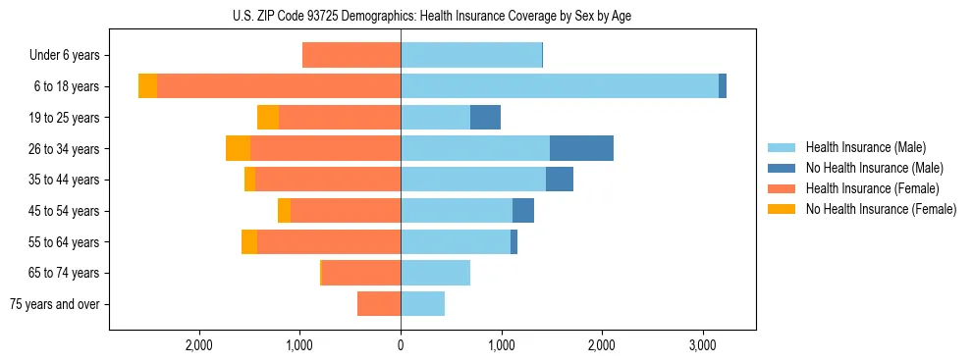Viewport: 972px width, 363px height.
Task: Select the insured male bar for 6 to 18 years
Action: [x=560, y=86]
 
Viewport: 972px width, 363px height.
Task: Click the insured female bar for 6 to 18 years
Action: [x=279, y=86]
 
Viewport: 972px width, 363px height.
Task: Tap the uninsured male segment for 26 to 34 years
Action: [x=581, y=148]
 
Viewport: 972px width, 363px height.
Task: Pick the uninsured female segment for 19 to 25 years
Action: [x=268, y=118]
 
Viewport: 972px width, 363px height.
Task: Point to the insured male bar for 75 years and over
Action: [x=422, y=304]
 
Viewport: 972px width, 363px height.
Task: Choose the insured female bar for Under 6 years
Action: [x=351, y=55]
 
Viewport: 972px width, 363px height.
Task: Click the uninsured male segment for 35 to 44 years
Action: [x=560, y=180]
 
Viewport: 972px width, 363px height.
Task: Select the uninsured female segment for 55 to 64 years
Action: [x=249, y=241]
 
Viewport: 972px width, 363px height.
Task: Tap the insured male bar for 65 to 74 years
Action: [x=435, y=273]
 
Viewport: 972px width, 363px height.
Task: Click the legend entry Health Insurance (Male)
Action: [x=865, y=147]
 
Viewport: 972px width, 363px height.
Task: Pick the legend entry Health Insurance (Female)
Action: [x=869, y=188]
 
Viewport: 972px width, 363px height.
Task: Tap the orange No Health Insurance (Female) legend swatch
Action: [x=782, y=209]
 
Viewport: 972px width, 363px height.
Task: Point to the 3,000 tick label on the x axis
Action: [x=702, y=346]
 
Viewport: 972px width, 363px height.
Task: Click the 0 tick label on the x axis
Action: [x=401, y=346]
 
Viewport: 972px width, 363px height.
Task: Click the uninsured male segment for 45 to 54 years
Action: [x=523, y=211]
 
